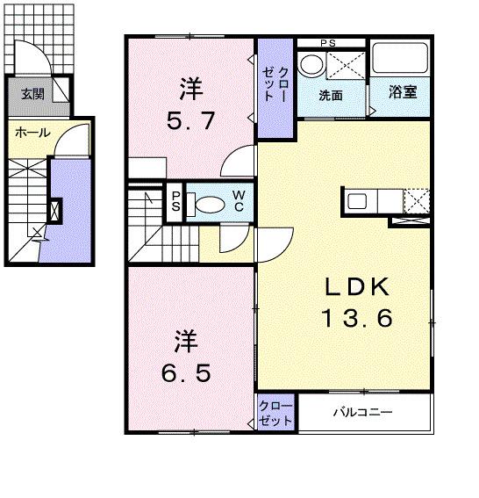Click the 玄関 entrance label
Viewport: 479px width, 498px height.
point(33,94)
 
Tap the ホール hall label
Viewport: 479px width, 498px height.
point(32,134)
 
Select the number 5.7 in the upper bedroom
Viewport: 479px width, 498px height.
point(191,120)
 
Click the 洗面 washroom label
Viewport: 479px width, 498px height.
point(330,95)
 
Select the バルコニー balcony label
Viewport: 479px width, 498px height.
point(361,412)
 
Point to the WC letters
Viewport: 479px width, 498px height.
point(239,202)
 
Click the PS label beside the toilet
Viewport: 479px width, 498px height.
point(175,203)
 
